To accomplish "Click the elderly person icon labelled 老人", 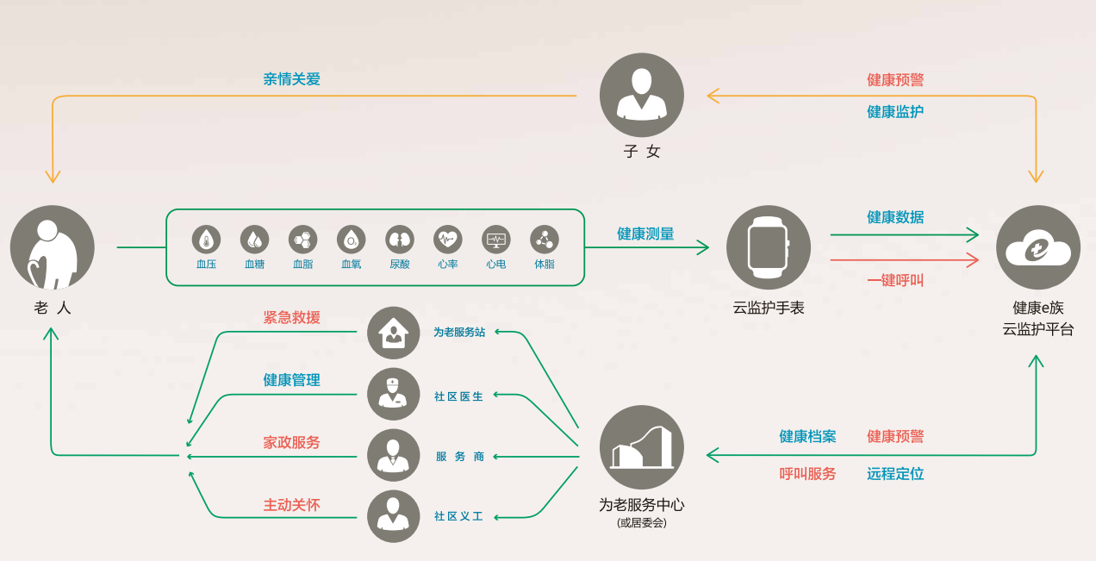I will click(52, 247).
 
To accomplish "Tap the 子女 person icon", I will click(641, 95).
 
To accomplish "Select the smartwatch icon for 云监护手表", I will click(768, 247).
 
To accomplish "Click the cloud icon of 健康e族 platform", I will click(1037, 247).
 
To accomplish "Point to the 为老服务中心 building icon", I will click(641, 447).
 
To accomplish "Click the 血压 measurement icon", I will click(206, 239).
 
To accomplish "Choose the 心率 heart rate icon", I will click(447, 239).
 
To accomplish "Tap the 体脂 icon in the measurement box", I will click(544, 239).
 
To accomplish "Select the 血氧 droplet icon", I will click(351, 239).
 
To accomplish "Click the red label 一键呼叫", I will click(895, 280).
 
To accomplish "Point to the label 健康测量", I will click(645, 234).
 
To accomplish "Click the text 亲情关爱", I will click(291, 79).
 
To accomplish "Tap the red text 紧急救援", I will click(291, 317).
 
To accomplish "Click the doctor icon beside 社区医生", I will click(393, 394).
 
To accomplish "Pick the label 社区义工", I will click(458, 517).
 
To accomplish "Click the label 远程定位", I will click(895, 474).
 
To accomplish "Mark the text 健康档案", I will click(807, 437).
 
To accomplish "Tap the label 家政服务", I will click(291, 442).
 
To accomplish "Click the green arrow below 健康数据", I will click(905, 234).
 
